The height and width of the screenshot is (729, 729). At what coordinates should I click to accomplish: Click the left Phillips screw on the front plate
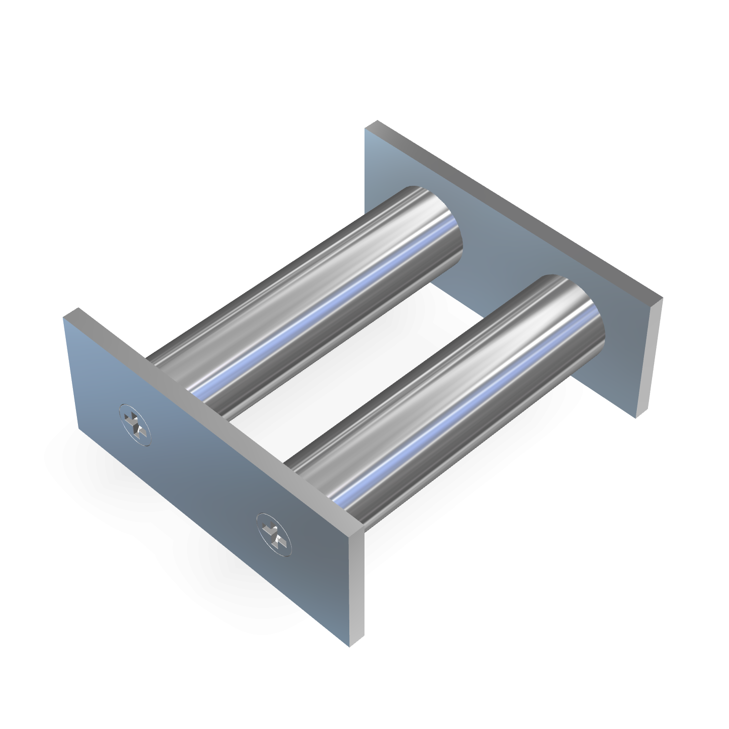click(x=135, y=424)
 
